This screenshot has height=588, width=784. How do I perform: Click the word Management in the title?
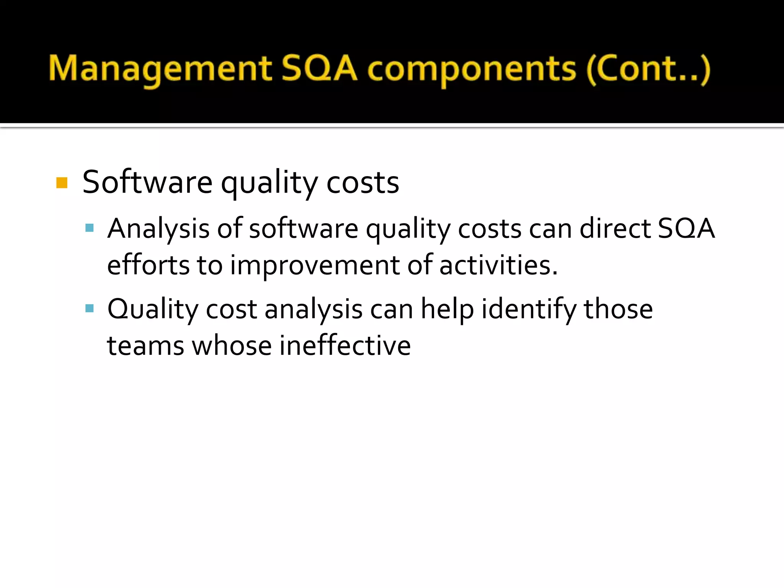(160, 69)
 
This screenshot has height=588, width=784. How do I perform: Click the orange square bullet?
(62, 183)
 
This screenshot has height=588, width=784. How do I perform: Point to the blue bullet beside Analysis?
(90, 229)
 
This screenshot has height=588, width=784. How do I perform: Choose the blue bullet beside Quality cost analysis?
(90, 309)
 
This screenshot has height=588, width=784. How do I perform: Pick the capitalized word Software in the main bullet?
(147, 182)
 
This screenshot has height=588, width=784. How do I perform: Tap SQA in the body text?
(686, 229)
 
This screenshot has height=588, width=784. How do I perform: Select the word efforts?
(148, 265)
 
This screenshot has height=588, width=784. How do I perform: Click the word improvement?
(315, 265)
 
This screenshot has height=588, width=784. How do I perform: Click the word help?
(447, 309)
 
